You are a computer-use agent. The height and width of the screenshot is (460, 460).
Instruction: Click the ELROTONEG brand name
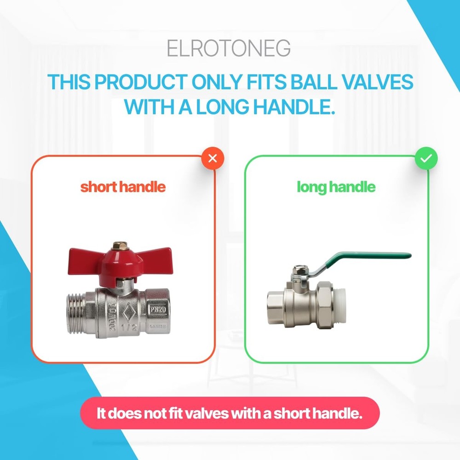(229, 49)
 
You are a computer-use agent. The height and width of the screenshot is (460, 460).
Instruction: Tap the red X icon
(213, 159)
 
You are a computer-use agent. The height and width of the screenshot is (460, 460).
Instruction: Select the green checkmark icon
(426, 159)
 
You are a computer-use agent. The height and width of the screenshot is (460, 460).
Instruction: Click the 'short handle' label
(123, 187)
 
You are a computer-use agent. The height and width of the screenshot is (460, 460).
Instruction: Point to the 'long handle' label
(336, 187)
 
